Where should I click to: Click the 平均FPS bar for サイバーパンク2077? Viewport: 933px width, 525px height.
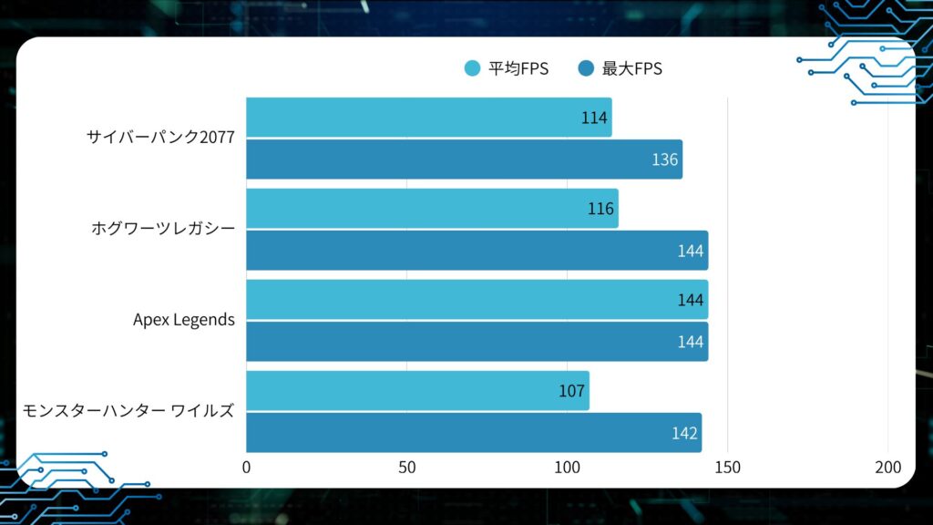coord(428,118)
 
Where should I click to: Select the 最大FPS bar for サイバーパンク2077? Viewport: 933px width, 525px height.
coord(464,160)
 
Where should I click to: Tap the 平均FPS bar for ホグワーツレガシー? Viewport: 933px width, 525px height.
coord(432,209)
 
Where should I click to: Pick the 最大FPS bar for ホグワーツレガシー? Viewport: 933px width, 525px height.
coord(477,251)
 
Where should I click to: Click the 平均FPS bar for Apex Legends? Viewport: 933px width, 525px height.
coord(477,300)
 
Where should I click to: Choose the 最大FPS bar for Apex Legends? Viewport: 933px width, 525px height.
coord(477,342)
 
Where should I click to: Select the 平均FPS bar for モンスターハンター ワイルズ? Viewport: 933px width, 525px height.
coord(417,391)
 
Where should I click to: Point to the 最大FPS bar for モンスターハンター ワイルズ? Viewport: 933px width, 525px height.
coord(474,433)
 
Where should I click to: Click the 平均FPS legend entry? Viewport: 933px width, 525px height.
coord(507,68)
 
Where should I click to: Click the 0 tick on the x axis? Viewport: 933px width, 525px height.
coord(246,468)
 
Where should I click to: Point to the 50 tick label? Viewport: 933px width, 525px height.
coord(406,468)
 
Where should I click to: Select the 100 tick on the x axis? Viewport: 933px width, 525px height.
coord(567,468)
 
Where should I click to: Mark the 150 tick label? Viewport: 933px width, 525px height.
coord(727,468)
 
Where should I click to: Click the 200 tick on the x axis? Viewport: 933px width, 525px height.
coord(887,468)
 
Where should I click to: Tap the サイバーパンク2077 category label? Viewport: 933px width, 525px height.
coord(160,138)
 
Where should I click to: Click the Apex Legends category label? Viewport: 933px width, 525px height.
coord(183,320)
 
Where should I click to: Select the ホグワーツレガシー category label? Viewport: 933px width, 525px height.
coord(163,229)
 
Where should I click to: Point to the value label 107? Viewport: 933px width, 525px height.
coord(571,391)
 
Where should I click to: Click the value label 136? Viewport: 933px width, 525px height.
coord(665,160)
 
